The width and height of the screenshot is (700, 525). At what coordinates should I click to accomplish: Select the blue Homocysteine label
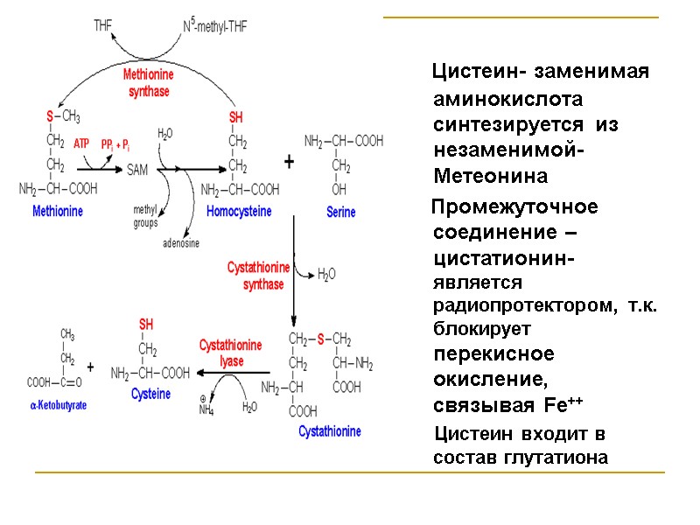click(x=239, y=211)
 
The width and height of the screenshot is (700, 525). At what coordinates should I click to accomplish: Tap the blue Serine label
click(x=340, y=212)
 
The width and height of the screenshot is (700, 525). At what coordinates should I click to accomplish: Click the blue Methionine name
click(x=57, y=211)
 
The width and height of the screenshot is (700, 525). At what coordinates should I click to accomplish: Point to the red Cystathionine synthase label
click(x=258, y=275)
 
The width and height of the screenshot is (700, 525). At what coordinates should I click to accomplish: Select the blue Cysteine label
click(x=150, y=394)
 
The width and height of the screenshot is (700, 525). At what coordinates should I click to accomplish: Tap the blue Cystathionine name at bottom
click(x=329, y=431)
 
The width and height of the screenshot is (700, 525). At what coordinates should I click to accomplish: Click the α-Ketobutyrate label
click(x=58, y=406)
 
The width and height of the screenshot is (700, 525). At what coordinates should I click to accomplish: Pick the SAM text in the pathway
click(x=137, y=171)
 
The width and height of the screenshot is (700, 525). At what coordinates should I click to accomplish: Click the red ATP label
click(x=81, y=143)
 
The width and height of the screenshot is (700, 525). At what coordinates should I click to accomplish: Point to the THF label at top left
click(x=103, y=26)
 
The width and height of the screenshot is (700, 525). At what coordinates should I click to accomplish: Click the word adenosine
click(x=181, y=242)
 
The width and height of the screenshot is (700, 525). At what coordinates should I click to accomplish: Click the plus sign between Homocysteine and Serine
click(x=289, y=163)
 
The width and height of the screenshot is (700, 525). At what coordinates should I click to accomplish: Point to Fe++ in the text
click(x=563, y=406)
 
